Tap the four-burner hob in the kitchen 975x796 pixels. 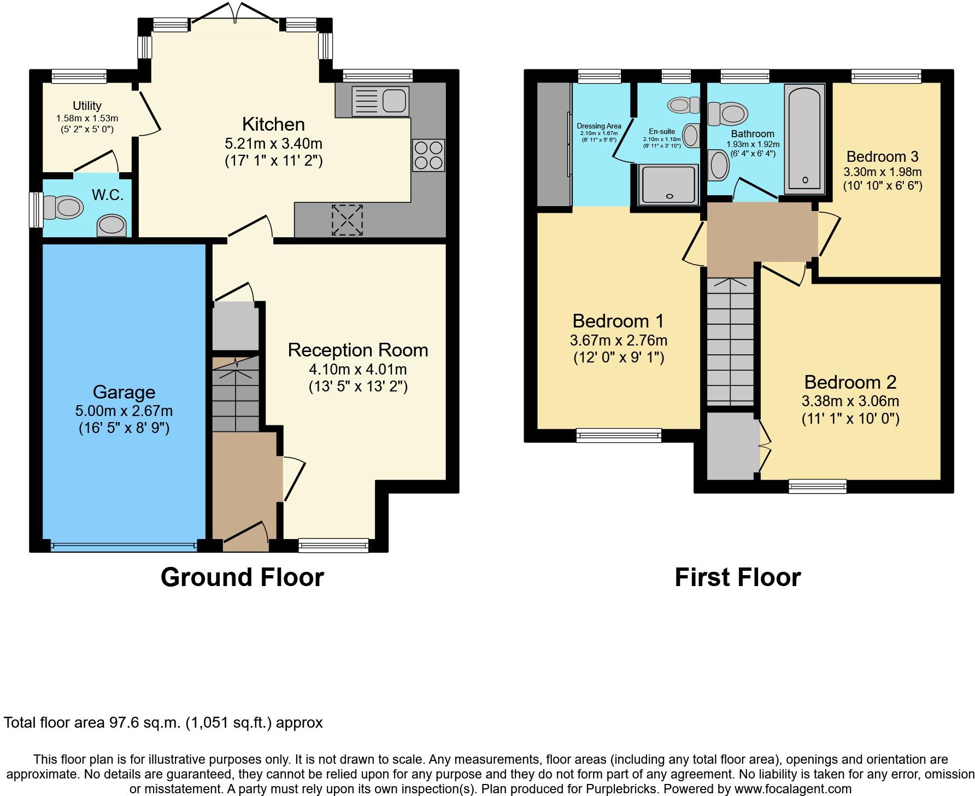(428, 155)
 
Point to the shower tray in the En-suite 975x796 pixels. (669, 185)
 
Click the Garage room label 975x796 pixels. (124, 392)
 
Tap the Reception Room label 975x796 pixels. (358, 350)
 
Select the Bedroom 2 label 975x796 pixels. (850, 382)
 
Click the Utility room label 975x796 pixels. (87, 106)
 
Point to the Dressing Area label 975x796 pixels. (599, 126)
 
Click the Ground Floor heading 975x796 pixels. (242, 577)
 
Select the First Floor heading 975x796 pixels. (738, 577)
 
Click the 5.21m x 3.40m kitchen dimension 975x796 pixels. (274, 144)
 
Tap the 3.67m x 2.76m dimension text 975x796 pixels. (619, 341)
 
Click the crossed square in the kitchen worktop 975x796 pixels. (347, 220)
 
